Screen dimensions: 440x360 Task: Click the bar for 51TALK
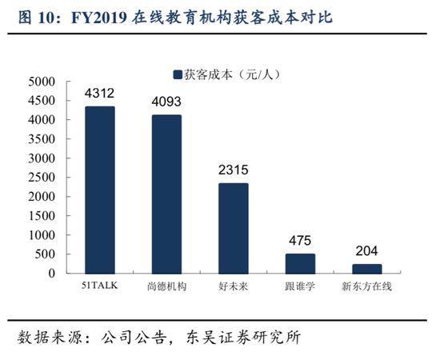100,190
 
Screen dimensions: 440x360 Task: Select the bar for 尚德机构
166,194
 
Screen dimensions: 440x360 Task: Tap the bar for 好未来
234,229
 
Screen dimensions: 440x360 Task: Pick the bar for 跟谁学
300,264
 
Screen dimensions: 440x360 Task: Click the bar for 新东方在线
367,269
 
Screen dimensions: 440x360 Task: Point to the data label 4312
100,93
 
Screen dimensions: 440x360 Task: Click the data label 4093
166,102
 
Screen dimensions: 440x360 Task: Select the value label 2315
234,170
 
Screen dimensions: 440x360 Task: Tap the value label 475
300,241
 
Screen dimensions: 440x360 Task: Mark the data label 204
366,251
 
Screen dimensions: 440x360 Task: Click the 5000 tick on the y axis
42,82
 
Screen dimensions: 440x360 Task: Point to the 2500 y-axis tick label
42,178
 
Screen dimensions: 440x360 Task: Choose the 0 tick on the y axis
52,273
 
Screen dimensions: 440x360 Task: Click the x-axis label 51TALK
100,286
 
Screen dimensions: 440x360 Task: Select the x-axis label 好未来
234,286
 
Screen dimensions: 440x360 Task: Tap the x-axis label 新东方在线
366,286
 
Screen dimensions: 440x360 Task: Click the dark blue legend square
178,74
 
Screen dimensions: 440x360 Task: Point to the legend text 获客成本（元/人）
232,74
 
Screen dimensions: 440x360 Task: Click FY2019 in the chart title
99,18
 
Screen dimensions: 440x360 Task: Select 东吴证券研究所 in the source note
243,337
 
